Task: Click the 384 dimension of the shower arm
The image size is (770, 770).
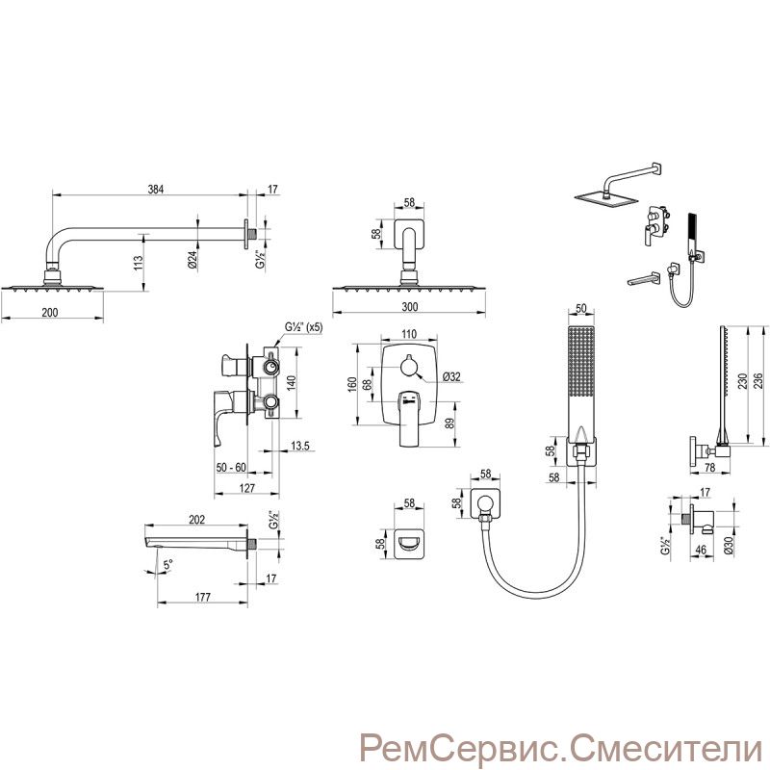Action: tap(155, 189)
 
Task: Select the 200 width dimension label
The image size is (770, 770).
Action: tap(50, 312)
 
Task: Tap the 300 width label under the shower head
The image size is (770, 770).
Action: tap(410, 307)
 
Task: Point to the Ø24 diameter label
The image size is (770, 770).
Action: tap(192, 259)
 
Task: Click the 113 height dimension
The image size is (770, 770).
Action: tap(139, 264)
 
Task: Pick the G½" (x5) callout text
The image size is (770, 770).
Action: tap(304, 327)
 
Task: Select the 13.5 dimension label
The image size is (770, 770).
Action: tap(299, 446)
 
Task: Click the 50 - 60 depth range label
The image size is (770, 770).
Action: tap(231, 468)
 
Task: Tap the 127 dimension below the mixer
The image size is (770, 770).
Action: tap(247, 488)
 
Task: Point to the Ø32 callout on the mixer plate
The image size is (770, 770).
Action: tap(451, 376)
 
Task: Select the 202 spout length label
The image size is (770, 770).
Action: tap(196, 520)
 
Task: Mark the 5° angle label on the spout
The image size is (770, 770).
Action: tap(168, 565)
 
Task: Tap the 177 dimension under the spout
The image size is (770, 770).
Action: tap(202, 597)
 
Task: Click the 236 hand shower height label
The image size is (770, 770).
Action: tap(758, 381)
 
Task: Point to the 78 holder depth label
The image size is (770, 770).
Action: tap(709, 468)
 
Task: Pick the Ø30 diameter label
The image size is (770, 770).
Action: tap(729, 544)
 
